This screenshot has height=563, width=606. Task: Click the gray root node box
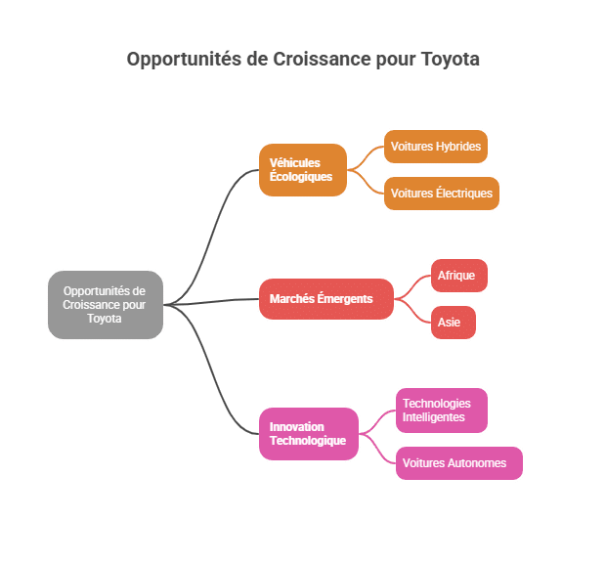(106, 305)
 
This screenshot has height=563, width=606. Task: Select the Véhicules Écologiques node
(303, 170)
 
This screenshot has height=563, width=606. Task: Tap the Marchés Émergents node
(326, 299)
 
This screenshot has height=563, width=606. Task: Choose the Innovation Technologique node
(309, 434)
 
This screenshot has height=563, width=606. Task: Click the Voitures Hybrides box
(436, 147)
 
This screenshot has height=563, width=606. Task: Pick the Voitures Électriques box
(442, 194)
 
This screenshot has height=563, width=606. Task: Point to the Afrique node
(459, 276)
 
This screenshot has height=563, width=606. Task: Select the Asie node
(454, 323)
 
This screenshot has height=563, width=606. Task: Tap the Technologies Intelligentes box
(442, 411)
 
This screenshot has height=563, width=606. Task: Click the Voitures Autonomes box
(459, 463)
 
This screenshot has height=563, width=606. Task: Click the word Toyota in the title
(451, 60)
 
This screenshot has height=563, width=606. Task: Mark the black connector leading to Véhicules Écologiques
(211, 236)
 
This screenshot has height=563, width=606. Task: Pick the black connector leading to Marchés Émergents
(211, 302)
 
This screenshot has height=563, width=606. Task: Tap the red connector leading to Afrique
(412, 286)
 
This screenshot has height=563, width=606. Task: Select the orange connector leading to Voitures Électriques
(366, 181)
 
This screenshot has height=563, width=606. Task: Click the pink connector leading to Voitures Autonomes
(377, 449)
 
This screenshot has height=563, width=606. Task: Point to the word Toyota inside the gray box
(105, 319)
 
